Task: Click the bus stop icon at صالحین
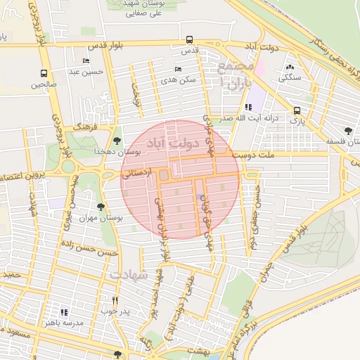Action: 44,73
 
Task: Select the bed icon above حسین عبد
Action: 86,60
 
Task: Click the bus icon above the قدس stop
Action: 189,40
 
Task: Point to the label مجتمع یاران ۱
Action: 233,75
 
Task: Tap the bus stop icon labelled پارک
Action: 297,110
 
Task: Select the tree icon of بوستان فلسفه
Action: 348,130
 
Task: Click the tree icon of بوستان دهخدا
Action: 117,141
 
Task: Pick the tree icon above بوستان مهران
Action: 101,207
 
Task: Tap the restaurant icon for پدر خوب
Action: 115,300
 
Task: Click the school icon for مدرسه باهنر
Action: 64,311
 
